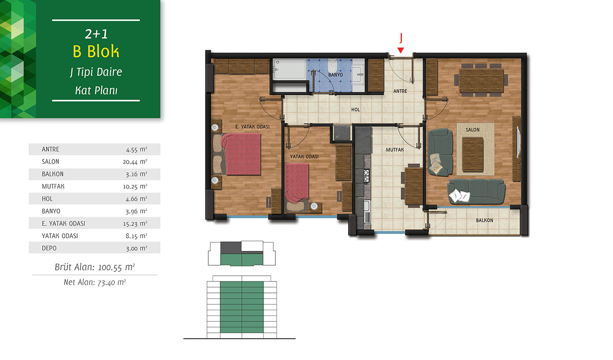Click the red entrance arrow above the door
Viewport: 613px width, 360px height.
401,50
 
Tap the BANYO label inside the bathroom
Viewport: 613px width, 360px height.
336,75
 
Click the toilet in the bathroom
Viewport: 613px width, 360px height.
332,66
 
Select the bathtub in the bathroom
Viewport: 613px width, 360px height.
289,69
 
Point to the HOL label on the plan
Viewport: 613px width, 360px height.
355,110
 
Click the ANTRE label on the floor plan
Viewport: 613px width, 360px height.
400,91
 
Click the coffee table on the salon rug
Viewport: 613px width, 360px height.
473,154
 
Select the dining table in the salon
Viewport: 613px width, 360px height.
481,80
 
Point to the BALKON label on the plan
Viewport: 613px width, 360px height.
484,220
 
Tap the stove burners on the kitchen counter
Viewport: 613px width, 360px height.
366,177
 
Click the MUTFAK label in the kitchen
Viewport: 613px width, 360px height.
395,150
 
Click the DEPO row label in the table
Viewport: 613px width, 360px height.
49,248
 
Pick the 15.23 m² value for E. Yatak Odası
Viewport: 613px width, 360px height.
135,224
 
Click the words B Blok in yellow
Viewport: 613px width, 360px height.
96,51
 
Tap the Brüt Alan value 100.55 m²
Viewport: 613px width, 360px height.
116,267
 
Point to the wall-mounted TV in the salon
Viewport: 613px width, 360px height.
518,142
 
